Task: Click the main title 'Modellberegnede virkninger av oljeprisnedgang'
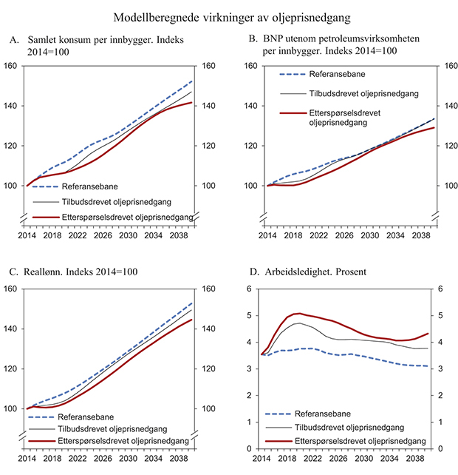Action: [x=229, y=16]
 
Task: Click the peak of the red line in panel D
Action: [x=298, y=313]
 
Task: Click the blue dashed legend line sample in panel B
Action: [x=293, y=74]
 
